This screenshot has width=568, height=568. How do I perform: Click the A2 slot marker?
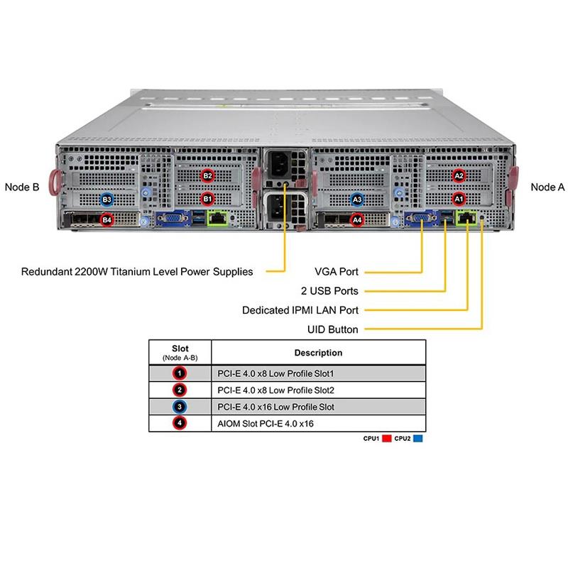[459, 175]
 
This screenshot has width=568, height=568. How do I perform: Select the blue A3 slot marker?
[358, 200]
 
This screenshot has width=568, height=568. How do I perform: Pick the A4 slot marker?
[358, 220]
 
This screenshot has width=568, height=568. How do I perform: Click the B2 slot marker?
[208, 175]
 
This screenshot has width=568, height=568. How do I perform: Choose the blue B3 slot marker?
[106, 200]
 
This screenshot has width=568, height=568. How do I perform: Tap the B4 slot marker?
[106, 220]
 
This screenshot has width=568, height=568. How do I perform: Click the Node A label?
[547, 187]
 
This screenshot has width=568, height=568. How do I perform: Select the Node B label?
[21, 187]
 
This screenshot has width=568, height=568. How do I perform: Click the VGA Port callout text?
[337, 271]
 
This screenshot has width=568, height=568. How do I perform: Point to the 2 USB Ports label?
[330, 291]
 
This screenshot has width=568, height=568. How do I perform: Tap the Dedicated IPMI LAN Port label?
[300, 310]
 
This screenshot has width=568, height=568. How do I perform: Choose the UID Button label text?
[332, 329]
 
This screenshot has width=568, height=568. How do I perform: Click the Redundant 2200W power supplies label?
[137, 271]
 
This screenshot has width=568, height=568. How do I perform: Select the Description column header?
[318, 353]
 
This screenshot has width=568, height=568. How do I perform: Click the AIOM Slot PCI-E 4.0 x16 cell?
[263, 424]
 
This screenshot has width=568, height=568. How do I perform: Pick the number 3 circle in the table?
[180, 407]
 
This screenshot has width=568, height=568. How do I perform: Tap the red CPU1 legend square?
[387, 439]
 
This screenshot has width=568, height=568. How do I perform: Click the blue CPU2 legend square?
[419, 439]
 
